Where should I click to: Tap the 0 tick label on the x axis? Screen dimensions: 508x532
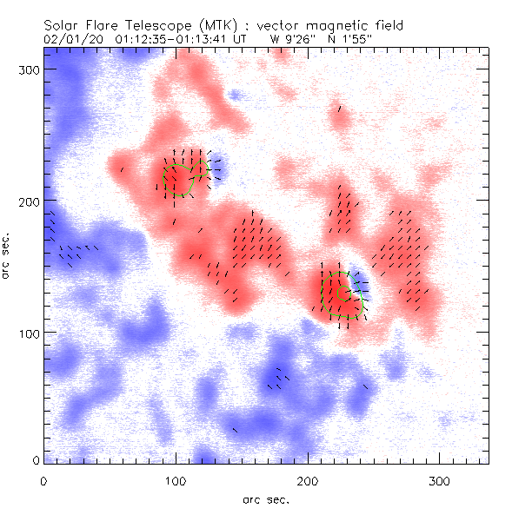pos(44,479)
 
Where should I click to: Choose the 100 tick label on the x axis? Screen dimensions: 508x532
pos(176,479)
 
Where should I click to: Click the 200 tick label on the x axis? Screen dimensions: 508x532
pos(308,479)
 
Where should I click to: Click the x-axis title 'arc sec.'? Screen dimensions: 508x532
pos(266,499)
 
